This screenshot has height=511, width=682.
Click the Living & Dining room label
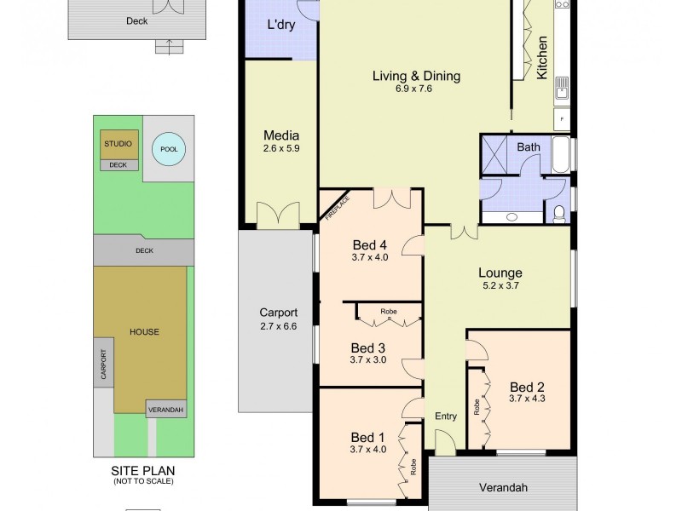(x=416, y=76)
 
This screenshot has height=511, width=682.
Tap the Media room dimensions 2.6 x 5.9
(x=281, y=148)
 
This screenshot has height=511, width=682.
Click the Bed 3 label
(x=369, y=347)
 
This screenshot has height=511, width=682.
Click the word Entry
(x=446, y=416)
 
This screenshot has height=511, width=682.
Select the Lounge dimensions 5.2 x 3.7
(x=500, y=286)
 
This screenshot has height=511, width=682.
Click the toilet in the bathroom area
(x=559, y=213)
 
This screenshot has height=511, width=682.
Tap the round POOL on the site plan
(x=168, y=150)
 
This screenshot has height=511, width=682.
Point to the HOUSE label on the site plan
(x=144, y=331)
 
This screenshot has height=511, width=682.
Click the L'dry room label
(x=280, y=25)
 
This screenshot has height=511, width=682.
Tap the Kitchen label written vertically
(x=541, y=57)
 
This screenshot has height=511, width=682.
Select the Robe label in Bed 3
(x=388, y=312)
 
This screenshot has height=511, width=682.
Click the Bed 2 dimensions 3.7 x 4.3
(x=526, y=398)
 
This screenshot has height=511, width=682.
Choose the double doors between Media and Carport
(x=279, y=213)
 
